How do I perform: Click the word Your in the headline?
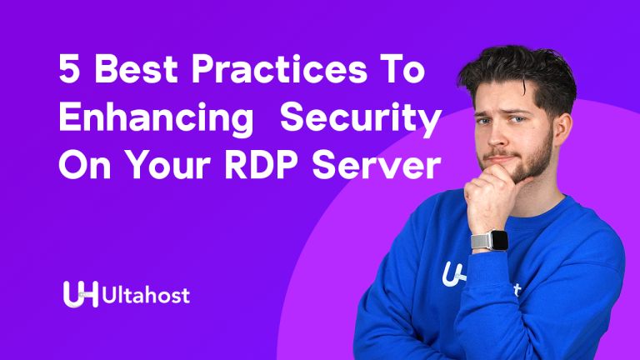(x=163, y=167)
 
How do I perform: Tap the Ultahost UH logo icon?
(x=80, y=294)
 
